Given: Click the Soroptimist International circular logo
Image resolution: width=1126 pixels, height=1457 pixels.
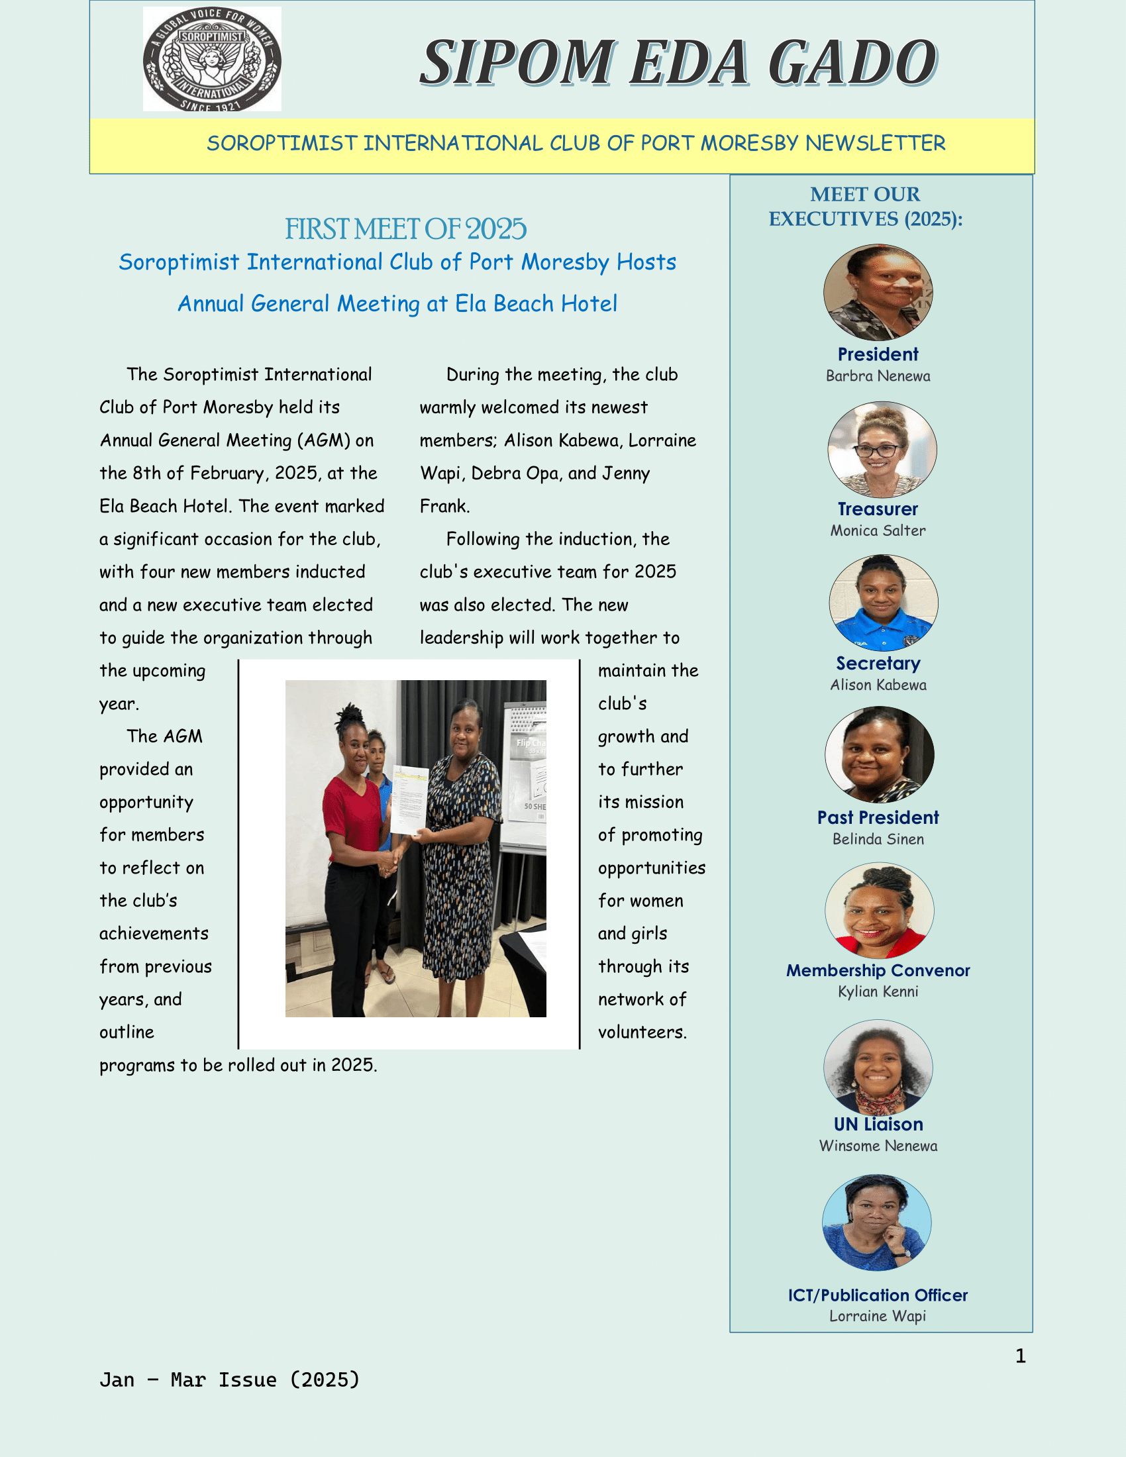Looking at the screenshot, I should click(211, 60).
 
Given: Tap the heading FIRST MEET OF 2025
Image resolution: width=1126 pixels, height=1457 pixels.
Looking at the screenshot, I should click(405, 229).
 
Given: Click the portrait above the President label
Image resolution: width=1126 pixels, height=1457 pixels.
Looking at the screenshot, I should click(878, 292).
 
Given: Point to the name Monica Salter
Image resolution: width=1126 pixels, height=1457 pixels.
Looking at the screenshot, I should click(878, 530).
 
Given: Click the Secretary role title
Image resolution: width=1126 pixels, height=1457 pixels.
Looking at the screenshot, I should click(878, 663).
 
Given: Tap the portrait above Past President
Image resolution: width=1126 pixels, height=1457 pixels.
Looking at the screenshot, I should click(879, 754).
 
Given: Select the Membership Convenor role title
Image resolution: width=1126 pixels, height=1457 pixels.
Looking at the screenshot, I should click(878, 970).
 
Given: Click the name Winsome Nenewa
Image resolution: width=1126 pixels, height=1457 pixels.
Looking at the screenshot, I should click(878, 1146).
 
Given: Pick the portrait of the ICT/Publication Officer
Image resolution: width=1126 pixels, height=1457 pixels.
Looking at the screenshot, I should click(876, 1222).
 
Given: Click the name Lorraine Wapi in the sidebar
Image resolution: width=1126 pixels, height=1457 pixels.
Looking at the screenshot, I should click(878, 1315).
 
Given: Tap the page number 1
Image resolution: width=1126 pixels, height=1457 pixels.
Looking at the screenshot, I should click(1020, 1356).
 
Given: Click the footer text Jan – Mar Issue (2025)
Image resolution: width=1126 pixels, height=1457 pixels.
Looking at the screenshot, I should click(229, 1379).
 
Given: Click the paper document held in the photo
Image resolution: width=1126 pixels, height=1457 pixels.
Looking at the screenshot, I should click(409, 799).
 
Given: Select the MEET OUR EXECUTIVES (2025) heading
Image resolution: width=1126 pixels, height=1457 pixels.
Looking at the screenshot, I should click(865, 206).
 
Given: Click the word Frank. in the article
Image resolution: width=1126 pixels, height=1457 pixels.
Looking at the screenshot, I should click(445, 506).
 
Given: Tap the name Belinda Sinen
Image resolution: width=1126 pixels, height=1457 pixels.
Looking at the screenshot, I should click(878, 838).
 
